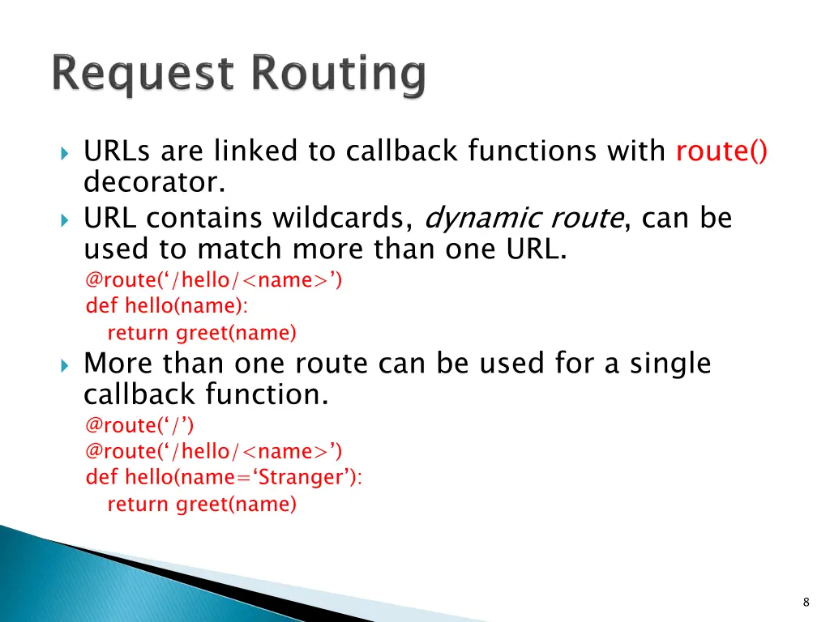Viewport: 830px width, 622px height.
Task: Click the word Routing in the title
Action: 337,75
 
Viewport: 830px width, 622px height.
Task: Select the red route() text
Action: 721,151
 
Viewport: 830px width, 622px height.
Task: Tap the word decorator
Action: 154,183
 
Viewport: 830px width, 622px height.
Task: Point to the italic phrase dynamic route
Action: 524,218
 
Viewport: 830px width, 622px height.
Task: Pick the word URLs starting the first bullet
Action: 118,151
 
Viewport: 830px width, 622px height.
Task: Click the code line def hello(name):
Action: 167,306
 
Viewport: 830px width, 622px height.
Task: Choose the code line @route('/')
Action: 139,424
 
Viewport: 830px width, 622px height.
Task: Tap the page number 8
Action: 806,602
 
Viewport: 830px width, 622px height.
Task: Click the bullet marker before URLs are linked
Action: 66,152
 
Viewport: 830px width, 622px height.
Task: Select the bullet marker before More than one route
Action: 66,364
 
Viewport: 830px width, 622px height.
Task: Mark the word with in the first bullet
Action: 637,151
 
